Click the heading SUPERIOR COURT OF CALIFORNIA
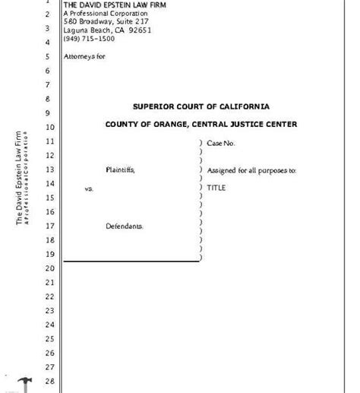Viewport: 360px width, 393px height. pos(201,106)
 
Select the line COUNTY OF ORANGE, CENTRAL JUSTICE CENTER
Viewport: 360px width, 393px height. pos(201,124)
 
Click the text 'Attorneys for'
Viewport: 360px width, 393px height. pos(83,56)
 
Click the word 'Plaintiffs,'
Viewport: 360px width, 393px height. pos(120,170)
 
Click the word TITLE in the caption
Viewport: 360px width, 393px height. pos(217,185)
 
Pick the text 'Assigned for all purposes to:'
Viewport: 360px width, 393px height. pos(251,170)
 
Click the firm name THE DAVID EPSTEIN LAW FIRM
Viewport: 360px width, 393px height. pos(115,5)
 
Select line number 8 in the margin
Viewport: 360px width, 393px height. pos(47,99)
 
